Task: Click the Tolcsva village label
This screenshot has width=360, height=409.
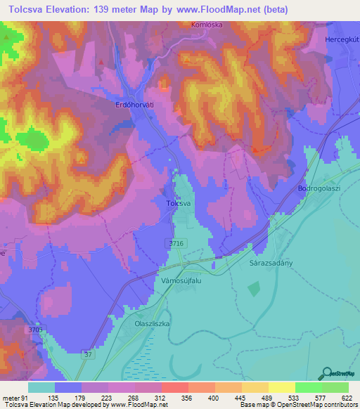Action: (x=179, y=203)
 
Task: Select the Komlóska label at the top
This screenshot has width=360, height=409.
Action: (x=206, y=24)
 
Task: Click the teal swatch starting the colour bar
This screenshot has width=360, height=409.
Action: (x=41, y=387)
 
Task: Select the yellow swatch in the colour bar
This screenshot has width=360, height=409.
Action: (x=282, y=387)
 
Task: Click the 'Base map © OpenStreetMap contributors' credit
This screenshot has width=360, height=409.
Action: (x=298, y=405)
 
